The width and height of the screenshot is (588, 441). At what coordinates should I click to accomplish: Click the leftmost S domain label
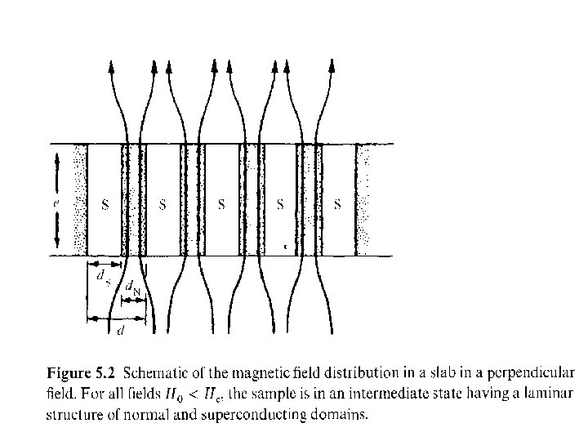104,204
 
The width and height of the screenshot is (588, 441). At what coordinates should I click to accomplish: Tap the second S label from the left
163,204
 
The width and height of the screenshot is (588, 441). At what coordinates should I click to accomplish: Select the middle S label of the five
221,204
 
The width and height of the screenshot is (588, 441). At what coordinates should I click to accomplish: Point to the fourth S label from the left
280,204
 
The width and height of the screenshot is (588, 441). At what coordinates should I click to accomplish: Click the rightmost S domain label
338,204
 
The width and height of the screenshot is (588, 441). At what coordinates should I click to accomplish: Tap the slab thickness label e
56,199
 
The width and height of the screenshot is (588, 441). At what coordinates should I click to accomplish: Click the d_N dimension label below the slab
131,287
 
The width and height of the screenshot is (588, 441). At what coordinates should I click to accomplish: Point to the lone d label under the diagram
121,331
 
